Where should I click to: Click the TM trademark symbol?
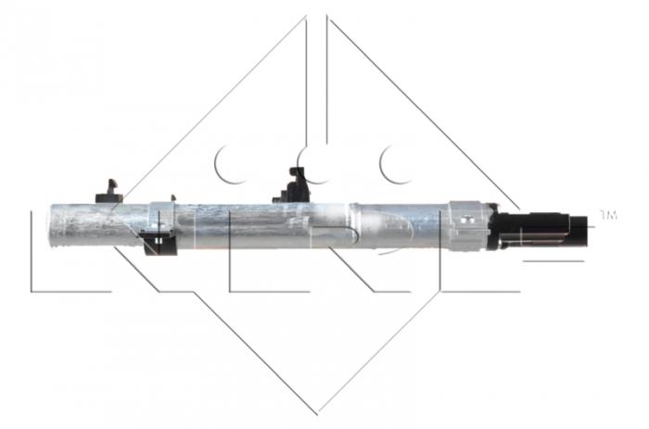click(608, 215)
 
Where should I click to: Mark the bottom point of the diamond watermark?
click(317, 410)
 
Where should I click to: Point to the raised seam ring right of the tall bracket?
click(358, 226)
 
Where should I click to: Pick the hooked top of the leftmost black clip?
click(111, 181)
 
